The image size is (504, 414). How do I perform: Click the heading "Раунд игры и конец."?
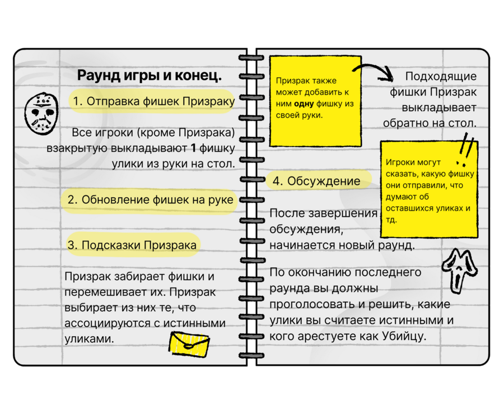(149, 75)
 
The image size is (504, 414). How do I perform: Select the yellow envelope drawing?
(189, 342)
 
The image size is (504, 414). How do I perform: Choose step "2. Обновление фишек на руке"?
(150, 200)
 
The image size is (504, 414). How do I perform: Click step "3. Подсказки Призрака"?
(132, 245)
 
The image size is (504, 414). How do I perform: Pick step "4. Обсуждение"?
(316, 181)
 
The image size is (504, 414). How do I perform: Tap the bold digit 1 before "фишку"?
(194, 148)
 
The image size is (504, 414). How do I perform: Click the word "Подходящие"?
(441, 76)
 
